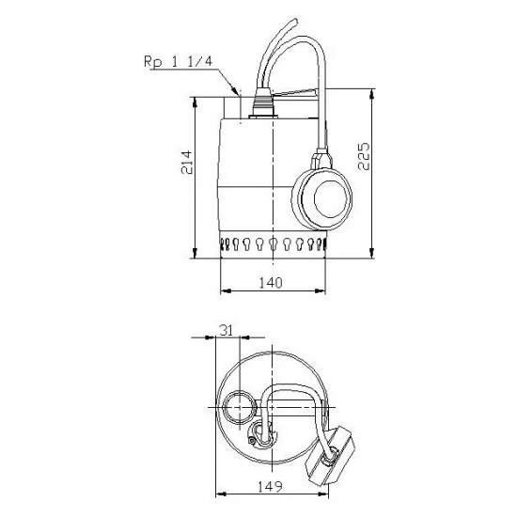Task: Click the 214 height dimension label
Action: [x=187, y=166]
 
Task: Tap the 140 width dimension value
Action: [x=272, y=281]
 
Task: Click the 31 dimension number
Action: [x=225, y=330]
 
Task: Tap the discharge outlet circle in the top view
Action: [x=239, y=406]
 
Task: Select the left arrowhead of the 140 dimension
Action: [x=223, y=290]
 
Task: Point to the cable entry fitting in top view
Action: [x=258, y=433]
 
